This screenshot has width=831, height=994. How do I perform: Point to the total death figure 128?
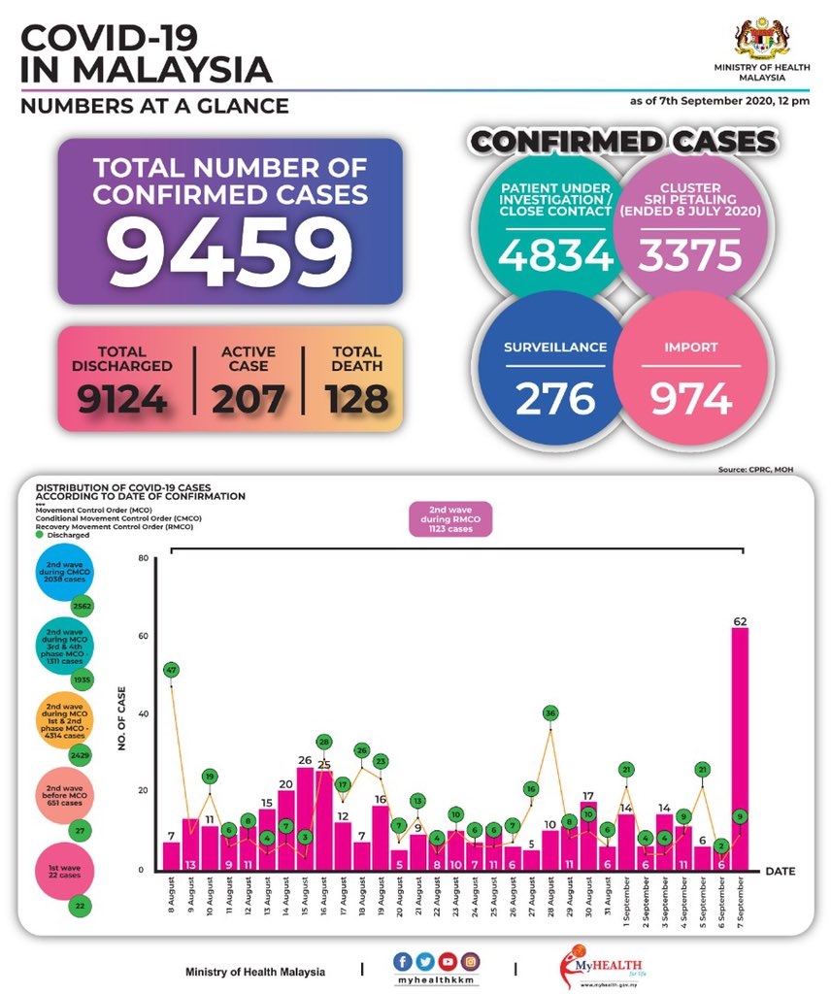pos(356,398)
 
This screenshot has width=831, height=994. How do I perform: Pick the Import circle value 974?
pos(690,398)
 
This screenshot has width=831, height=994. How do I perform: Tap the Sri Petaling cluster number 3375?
pos(690,255)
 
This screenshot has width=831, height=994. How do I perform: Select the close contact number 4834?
pos(556,255)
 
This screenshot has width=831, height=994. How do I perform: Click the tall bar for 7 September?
pos(740,747)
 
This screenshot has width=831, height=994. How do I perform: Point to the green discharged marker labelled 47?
pos(171,670)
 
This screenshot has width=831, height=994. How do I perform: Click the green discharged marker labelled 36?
pos(550,713)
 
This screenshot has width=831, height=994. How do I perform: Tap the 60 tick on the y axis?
pos(142,636)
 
